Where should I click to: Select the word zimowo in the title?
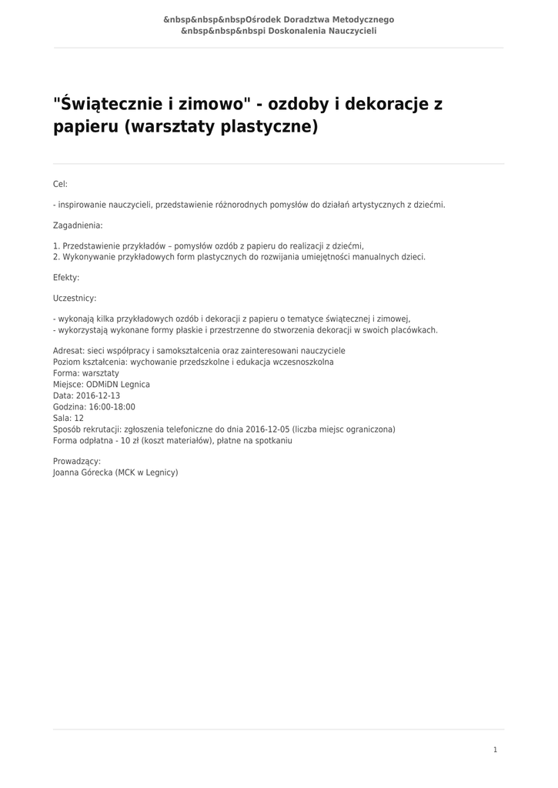tap(214, 103)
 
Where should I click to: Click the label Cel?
tap(60, 184)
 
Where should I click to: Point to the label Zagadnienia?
tap(78, 225)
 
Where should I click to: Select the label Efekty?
tap(66, 277)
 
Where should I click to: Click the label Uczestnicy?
tap(75, 298)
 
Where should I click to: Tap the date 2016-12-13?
tap(98, 396)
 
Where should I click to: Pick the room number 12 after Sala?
tap(79, 419)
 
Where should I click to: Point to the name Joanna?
tap(67, 472)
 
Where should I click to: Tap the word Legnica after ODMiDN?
tap(135, 384)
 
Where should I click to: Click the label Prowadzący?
tap(77, 461)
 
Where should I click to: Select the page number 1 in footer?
tap(495, 750)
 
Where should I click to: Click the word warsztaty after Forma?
tap(100, 372)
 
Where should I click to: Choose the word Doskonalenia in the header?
tap(296, 32)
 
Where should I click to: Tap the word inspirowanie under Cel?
tap(85, 205)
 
